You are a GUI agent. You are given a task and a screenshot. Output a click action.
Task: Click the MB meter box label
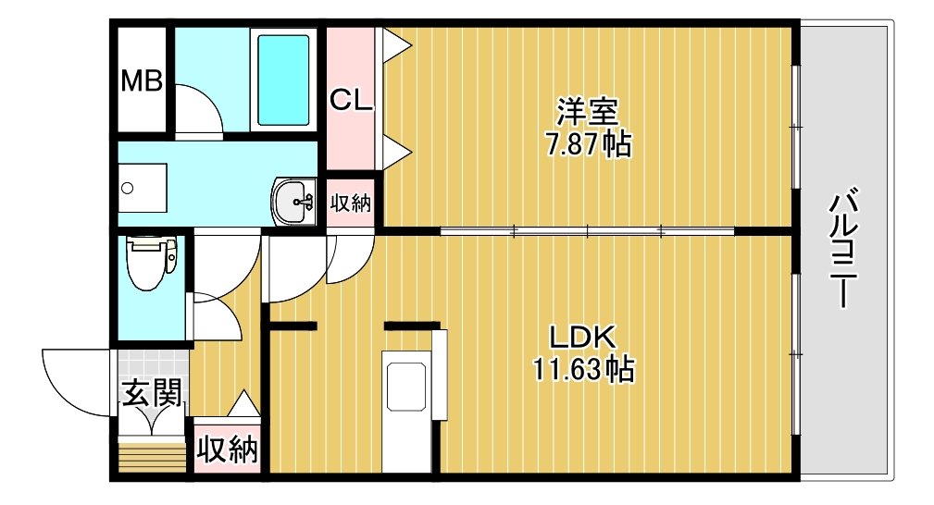click(x=142, y=81)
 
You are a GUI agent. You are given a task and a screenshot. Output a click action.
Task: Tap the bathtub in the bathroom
click(x=283, y=80)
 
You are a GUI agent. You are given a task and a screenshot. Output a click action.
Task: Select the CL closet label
click(x=351, y=100)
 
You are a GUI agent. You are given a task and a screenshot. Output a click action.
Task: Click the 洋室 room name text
click(x=587, y=111)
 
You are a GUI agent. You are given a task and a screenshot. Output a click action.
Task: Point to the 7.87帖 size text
click(x=589, y=143)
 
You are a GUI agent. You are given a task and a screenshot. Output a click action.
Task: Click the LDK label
click(x=581, y=338)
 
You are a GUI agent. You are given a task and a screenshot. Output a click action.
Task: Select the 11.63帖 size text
click(x=582, y=369)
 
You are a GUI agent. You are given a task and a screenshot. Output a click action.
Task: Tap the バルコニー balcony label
click(x=844, y=248)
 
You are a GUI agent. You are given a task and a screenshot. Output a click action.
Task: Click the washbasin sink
click(x=293, y=202)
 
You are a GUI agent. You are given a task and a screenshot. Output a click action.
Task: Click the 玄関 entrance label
click(x=152, y=393)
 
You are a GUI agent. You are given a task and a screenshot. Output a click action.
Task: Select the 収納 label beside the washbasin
click(x=351, y=203)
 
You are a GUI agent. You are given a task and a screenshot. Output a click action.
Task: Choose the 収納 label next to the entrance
click(x=228, y=449)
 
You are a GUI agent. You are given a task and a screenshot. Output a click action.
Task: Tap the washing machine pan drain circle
click(x=127, y=189)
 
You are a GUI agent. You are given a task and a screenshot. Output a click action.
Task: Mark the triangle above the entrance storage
click(x=244, y=403)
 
